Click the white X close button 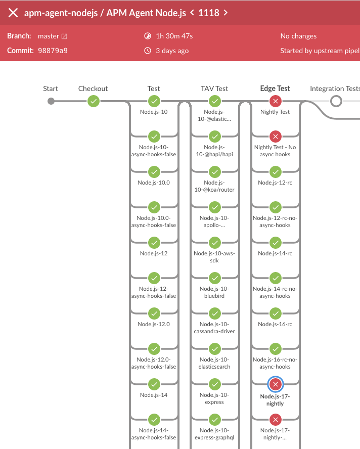pos(13,13)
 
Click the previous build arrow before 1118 pos(192,13)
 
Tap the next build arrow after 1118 pos(226,13)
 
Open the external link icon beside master pos(64,36)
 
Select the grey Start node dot pos(51,101)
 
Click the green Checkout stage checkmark pos(93,101)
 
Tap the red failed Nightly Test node pos(275,101)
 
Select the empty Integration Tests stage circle pos(336,101)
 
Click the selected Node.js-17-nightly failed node pos(275,384)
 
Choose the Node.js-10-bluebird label pos(214,292)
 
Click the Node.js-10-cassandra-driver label pos(214,328)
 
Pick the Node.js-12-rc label pos(275,183)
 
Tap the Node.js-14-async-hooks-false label pos(154,434)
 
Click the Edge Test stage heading pos(275,88)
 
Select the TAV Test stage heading pos(214,88)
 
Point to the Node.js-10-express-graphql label pos(214,434)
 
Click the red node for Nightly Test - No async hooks pos(275,136)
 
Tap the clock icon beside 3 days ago pos(148,51)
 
